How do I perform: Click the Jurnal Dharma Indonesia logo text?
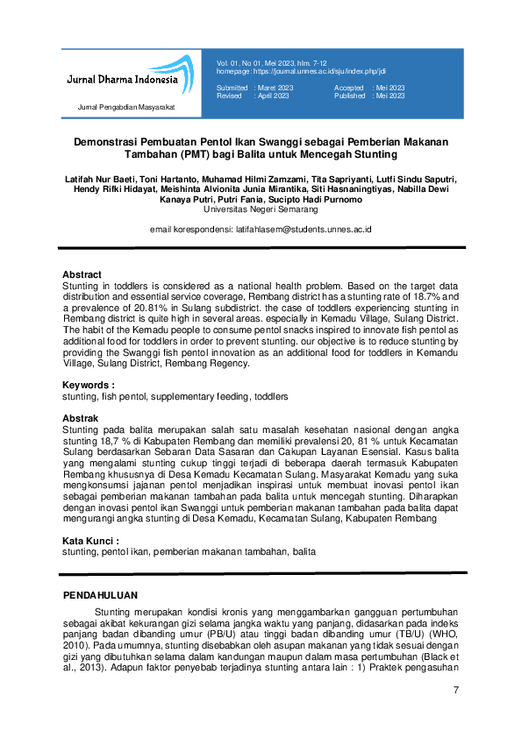point(122,80)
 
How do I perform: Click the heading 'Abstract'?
point(82,274)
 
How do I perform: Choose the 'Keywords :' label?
point(88,386)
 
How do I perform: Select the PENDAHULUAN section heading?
point(102,595)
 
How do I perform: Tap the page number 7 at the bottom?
point(456,691)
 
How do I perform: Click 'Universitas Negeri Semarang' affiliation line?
point(261,210)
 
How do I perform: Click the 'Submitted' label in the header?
point(232,89)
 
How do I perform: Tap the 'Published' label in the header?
point(350,96)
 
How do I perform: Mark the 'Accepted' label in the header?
point(349,89)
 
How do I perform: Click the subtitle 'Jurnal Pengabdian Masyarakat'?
point(127,107)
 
